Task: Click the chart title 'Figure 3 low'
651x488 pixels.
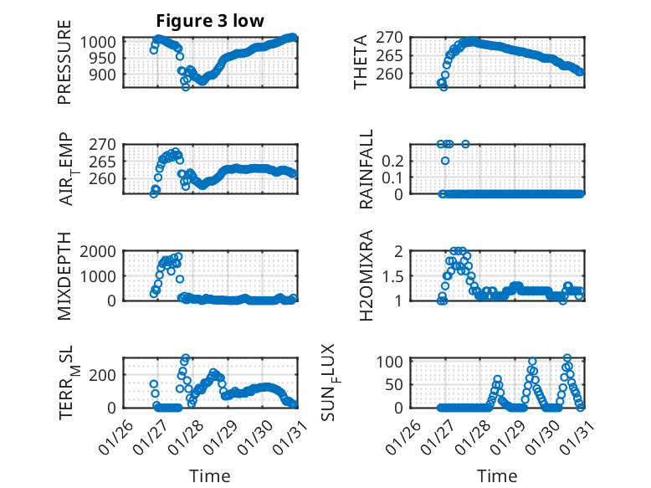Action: tap(210, 21)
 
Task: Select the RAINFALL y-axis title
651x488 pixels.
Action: tap(367, 170)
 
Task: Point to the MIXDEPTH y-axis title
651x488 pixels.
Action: tap(65, 276)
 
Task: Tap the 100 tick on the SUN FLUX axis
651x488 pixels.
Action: tap(394, 362)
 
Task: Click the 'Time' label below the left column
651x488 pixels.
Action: tap(209, 475)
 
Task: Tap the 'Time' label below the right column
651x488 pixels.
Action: tap(497, 475)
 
